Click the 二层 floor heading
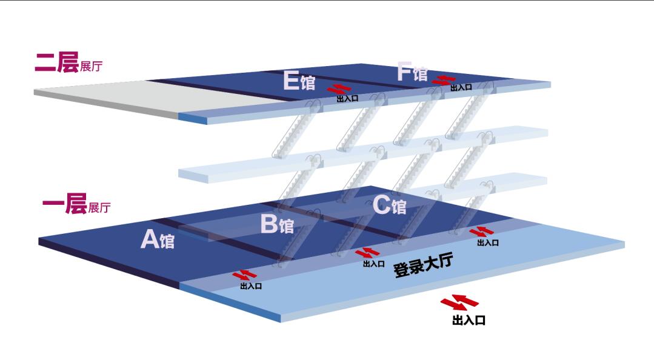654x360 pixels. [x=56, y=62]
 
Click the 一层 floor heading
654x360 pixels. [x=64, y=204]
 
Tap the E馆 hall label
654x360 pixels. [x=299, y=81]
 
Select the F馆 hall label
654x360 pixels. [x=412, y=72]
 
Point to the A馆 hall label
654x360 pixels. [x=157, y=239]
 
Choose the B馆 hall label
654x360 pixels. [x=277, y=224]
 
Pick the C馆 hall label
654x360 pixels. [x=389, y=205]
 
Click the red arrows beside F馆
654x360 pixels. [x=447, y=79]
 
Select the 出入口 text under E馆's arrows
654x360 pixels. [x=347, y=99]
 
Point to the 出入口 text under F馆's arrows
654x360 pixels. [x=461, y=88]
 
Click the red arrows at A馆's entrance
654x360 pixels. [x=249, y=276]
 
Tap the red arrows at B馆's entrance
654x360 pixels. [x=367, y=253]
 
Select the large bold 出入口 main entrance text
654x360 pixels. [x=469, y=320]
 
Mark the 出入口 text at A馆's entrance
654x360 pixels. [x=251, y=286]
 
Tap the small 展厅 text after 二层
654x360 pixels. [x=91, y=67]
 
